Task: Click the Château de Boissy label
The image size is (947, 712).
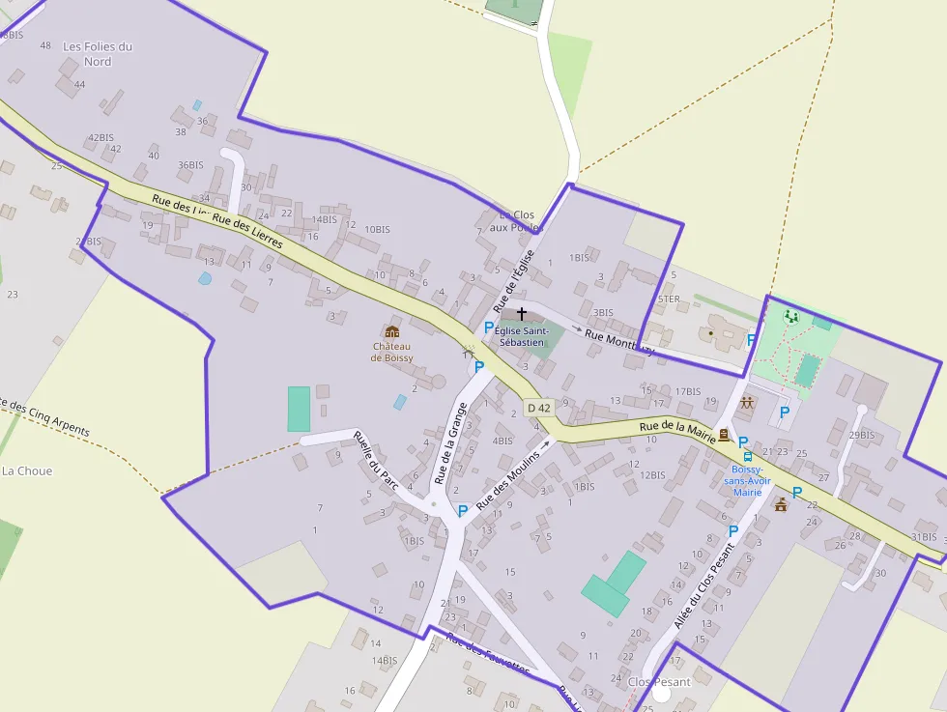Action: [392, 353]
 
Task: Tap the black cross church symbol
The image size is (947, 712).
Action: [522, 314]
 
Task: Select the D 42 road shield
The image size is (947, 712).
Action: [538, 409]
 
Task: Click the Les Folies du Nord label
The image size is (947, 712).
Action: [98, 54]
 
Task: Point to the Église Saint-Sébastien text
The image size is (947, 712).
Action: [522, 336]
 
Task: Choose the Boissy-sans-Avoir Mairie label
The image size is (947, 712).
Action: [748, 479]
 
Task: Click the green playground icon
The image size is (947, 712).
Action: [791, 316]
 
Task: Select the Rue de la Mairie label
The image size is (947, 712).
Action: [676, 430]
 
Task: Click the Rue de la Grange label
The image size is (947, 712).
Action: [450, 443]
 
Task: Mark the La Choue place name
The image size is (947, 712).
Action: [27, 471]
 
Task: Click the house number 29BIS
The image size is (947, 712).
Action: [861, 436]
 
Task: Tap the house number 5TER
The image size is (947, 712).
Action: [669, 299]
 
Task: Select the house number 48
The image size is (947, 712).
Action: [45, 45]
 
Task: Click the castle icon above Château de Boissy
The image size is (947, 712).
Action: [392, 331]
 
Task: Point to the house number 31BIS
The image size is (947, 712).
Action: [924, 537]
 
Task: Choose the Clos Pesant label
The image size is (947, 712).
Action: [659, 682]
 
